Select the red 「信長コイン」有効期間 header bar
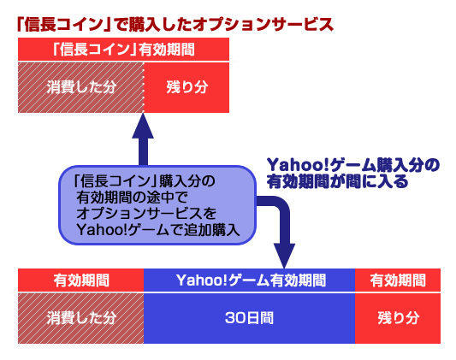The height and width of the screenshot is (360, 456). point(123,50)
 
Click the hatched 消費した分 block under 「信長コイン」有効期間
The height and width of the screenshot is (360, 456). point(80,86)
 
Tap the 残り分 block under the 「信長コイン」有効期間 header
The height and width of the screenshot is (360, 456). point(187,86)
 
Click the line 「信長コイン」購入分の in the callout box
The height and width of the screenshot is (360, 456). point(145,181)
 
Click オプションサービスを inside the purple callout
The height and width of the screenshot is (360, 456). point(141,213)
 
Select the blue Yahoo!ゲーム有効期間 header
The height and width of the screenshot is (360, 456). point(250,279)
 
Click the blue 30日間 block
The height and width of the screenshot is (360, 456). point(250,316)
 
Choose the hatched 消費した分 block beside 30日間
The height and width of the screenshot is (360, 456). point(80,316)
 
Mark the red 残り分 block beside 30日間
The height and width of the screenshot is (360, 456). point(398,316)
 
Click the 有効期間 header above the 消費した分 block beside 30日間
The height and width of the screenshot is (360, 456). point(80,279)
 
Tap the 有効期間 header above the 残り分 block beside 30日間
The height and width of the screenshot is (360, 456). point(398,279)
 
